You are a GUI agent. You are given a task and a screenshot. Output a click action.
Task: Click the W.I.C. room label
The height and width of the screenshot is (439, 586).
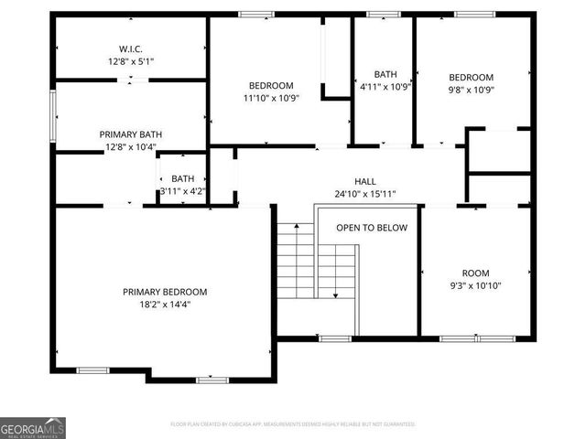pos(129,49)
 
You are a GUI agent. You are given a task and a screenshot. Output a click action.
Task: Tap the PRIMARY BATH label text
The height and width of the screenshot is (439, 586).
pos(129,134)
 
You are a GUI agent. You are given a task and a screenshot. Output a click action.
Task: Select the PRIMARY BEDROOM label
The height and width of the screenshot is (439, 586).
pos(165,292)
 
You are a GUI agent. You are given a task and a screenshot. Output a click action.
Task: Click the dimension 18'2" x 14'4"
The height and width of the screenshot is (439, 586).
pos(165,304)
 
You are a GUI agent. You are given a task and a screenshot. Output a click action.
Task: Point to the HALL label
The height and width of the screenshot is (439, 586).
pos(365,181)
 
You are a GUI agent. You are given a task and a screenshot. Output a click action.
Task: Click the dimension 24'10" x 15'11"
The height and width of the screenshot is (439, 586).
pos(365,194)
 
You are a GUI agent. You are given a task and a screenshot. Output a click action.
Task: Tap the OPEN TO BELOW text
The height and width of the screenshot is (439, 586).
pos(372,228)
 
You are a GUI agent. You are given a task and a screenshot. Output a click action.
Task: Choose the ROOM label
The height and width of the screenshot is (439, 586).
pos(475,273)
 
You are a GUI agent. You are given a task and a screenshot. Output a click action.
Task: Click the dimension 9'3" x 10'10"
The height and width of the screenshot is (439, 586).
pos(475,285)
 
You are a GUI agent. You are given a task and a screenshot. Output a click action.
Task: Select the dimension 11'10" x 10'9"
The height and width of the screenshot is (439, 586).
pos(272,98)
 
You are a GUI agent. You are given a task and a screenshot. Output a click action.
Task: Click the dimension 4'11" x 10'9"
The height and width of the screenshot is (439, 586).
pos(384,87)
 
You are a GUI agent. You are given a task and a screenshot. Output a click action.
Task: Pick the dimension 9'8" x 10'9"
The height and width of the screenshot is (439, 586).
pos(471,91)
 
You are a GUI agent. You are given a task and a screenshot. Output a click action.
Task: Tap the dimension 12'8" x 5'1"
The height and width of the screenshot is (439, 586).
pos(129,61)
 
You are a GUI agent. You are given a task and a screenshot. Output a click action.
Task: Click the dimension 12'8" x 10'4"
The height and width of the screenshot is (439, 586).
pos(129,146)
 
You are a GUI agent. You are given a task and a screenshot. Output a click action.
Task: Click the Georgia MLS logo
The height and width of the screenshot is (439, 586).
pos(33,427)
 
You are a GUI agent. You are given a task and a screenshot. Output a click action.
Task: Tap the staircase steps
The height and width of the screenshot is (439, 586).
pos(296,265)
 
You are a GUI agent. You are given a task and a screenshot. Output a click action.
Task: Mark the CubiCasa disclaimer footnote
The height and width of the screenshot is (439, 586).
pos(293,424)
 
